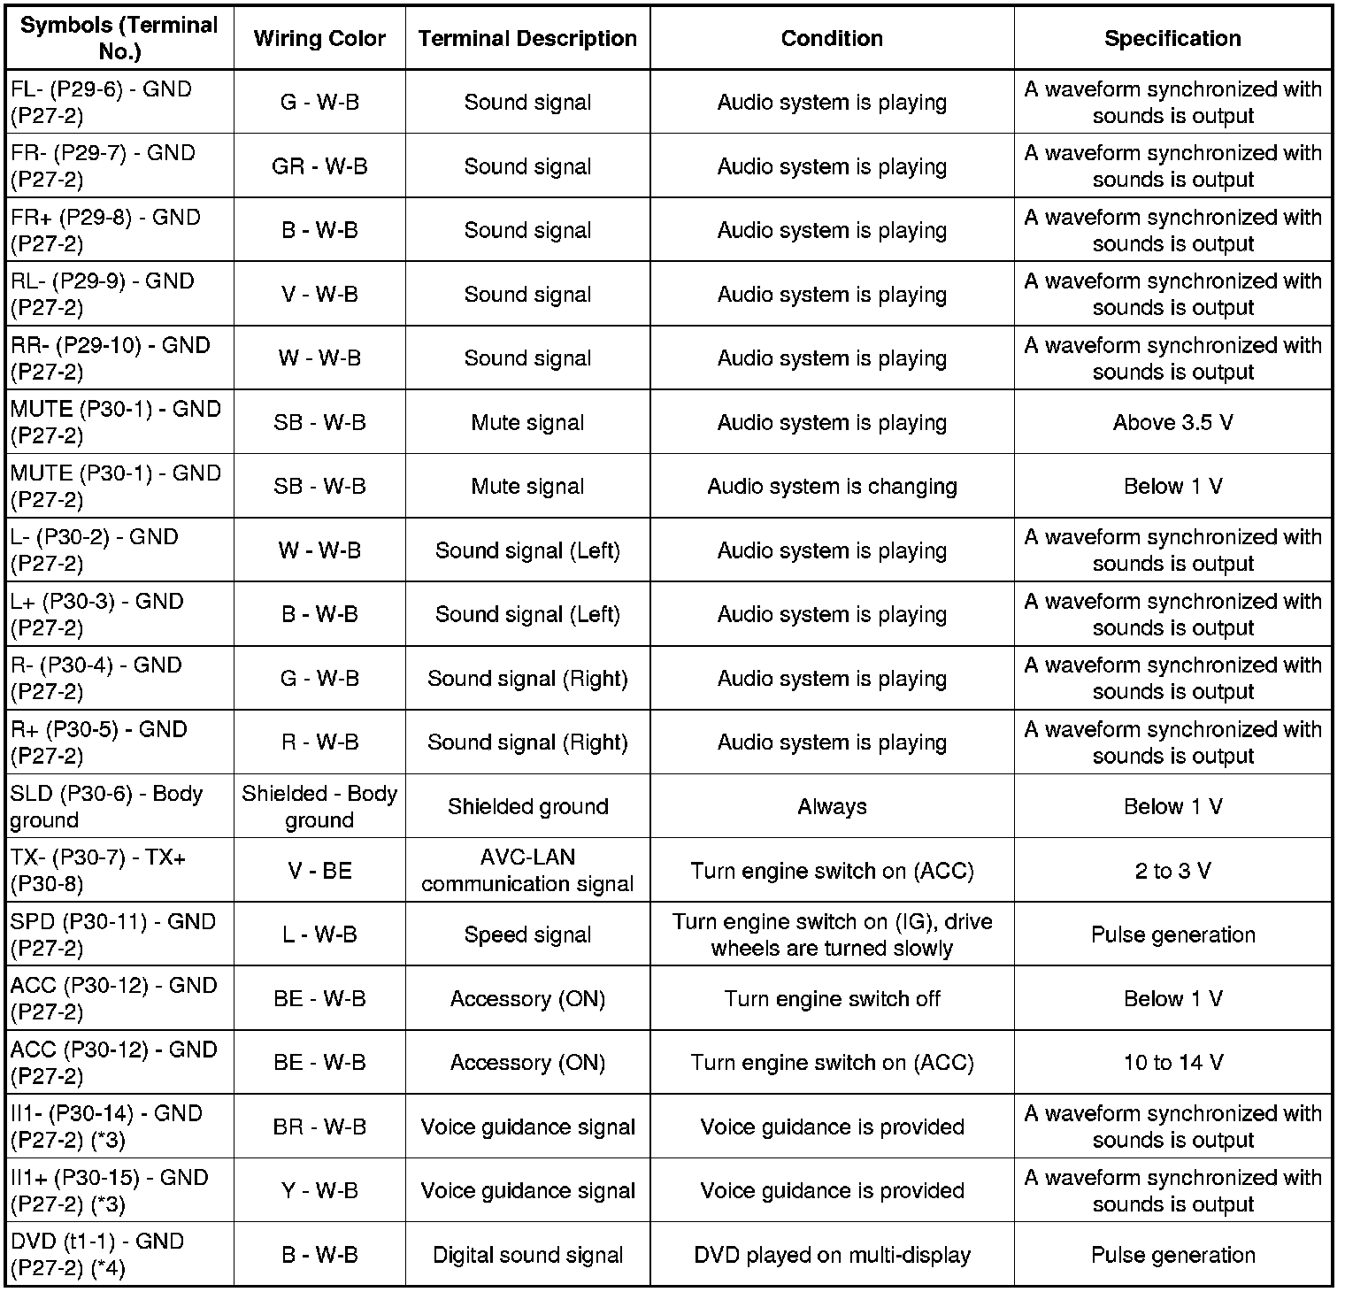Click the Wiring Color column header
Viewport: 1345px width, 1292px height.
(319, 39)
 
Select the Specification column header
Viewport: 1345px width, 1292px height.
(1172, 39)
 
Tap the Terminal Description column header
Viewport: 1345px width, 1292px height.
(527, 39)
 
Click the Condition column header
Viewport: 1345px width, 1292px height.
(832, 39)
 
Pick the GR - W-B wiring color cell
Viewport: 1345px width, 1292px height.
(319, 166)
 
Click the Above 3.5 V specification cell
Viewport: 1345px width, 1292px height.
(1172, 422)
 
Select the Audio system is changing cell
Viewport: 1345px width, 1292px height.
(832, 487)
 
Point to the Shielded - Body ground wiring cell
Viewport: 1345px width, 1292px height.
(319, 806)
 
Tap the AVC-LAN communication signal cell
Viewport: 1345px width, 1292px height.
(527, 871)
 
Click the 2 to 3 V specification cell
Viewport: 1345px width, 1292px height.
(1172, 871)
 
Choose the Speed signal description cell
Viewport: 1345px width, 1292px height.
(527, 934)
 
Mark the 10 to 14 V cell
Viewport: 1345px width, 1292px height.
(1172, 1062)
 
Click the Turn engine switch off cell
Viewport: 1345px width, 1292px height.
(832, 998)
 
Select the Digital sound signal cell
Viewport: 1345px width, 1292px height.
(527, 1255)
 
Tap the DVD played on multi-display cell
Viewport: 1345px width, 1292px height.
(832, 1255)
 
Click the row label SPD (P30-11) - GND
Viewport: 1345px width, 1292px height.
(113, 934)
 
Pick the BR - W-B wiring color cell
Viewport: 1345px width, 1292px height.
(319, 1127)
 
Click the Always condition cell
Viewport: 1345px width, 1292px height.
(832, 806)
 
